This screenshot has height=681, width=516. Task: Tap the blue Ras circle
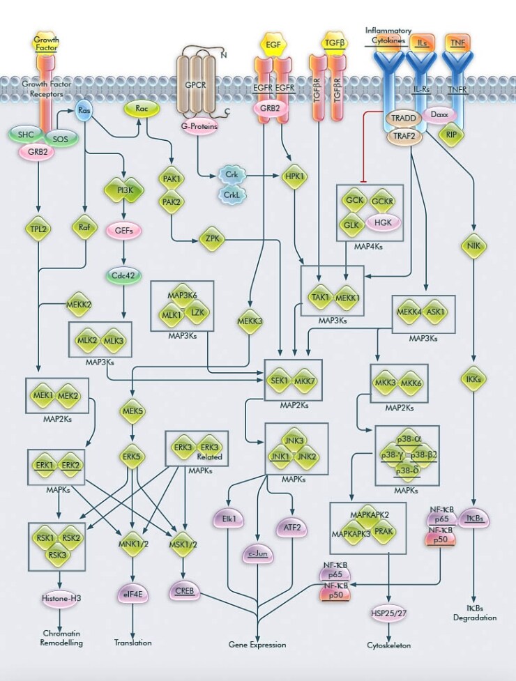coord(84,111)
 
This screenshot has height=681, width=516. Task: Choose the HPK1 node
coord(295,178)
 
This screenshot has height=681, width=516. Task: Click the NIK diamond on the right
coord(473,245)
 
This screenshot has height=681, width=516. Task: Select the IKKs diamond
coord(473,378)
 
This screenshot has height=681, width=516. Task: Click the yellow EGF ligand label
coord(273,45)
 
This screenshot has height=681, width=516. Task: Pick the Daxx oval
coord(439,113)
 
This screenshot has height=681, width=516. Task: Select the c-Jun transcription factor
coord(258,555)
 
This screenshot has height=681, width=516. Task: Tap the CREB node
coord(184,592)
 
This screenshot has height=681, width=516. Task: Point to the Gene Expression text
coord(257,645)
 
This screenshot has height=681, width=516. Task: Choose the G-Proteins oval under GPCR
coord(200,127)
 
